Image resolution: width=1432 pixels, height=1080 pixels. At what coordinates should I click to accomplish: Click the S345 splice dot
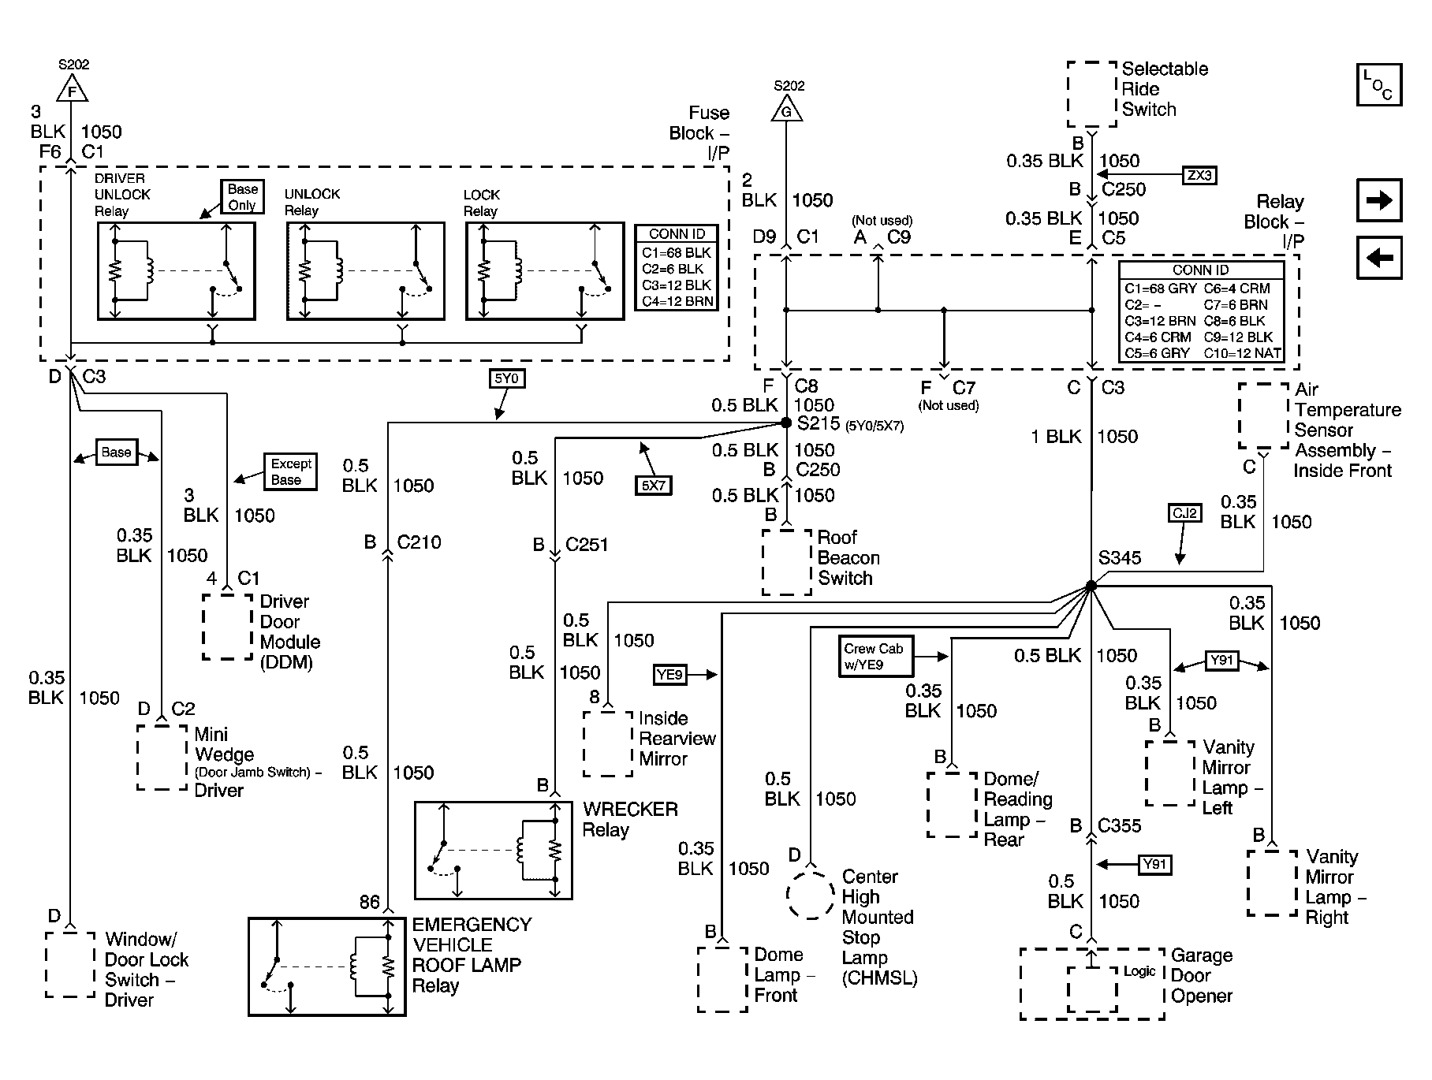(1091, 586)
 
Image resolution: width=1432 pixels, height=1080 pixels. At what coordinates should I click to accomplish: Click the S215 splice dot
(785, 423)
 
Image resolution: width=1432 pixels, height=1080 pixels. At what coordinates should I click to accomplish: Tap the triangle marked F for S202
(73, 89)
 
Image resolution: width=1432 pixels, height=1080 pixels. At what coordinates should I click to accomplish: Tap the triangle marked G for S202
(786, 109)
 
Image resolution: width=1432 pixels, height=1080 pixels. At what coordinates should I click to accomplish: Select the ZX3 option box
(1199, 175)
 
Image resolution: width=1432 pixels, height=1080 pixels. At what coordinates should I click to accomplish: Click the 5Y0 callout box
(506, 378)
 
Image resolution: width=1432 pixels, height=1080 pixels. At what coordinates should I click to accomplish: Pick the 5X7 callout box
(653, 485)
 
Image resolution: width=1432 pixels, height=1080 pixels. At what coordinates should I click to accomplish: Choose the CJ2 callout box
(1185, 513)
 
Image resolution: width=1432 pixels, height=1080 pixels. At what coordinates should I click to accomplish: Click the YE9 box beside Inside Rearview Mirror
(669, 674)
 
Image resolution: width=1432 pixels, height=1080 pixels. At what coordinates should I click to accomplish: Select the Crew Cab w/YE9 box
(876, 657)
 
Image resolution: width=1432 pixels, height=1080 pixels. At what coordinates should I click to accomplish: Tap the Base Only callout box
(242, 197)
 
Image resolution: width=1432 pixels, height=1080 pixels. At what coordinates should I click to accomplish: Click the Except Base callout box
(289, 471)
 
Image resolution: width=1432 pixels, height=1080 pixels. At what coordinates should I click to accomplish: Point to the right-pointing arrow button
(1379, 200)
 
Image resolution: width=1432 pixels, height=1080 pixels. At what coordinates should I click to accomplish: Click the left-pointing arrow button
(1379, 258)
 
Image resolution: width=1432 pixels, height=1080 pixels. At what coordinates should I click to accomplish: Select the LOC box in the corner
(1379, 84)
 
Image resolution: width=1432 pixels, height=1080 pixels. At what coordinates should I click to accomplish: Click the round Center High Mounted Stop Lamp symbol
(810, 895)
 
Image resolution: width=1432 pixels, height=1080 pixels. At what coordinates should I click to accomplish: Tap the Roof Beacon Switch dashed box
(787, 562)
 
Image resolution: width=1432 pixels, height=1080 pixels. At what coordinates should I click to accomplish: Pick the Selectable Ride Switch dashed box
(1092, 94)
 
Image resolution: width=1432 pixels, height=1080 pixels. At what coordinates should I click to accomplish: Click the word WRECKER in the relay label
(630, 810)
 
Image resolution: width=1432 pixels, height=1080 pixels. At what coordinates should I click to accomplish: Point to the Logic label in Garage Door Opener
(1139, 971)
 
